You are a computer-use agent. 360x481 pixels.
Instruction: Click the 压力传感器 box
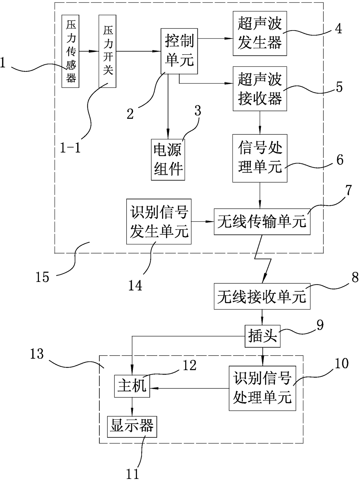70,51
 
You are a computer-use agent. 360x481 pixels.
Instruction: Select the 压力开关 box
107,51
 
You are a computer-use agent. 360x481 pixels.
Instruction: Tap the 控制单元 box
179,51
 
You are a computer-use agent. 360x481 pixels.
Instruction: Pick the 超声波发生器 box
260,33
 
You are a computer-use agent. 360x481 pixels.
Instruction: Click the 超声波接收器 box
260,89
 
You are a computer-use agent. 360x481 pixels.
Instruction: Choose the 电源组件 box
168,160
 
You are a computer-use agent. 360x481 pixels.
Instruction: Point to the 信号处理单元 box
260,158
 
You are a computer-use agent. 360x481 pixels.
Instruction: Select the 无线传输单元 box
262,222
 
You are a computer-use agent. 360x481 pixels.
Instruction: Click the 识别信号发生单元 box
159,221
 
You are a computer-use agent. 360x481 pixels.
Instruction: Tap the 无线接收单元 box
262,296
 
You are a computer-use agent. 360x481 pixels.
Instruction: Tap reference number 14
135,285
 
